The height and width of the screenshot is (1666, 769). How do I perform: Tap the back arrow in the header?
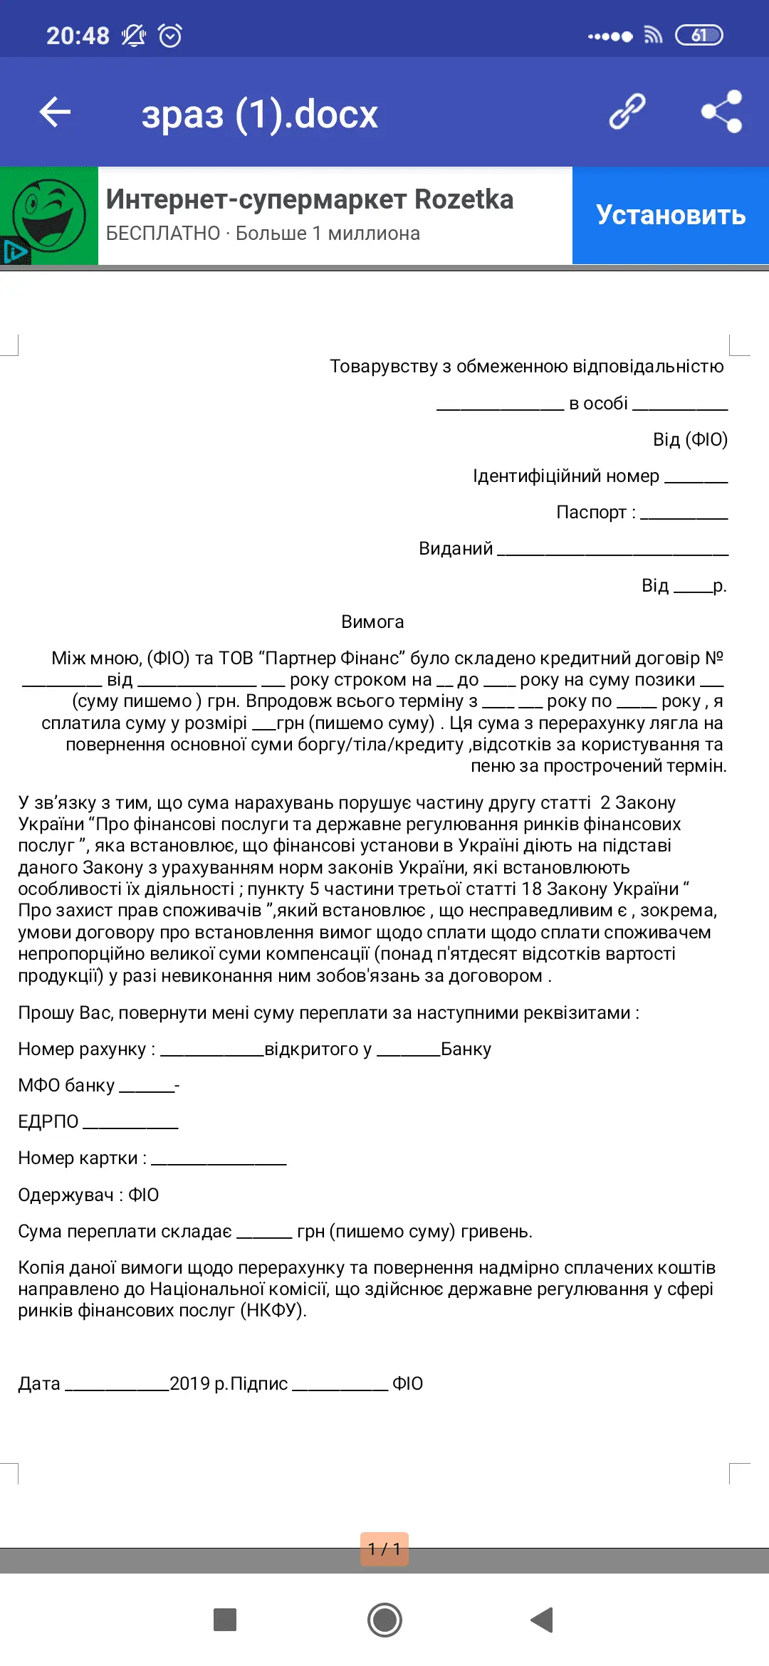coord(55,112)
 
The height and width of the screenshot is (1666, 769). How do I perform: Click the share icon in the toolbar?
coord(721,112)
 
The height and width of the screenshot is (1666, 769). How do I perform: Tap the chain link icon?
coord(627,112)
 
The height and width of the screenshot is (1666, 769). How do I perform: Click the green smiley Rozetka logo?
coord(49,215)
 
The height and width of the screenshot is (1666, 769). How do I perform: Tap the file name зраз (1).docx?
coord(259,114)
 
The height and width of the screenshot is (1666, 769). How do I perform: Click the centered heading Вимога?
coord(372,622)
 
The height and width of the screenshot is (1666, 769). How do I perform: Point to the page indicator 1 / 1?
coord(384,1549)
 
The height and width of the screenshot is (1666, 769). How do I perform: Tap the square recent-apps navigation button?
coord(225,1620)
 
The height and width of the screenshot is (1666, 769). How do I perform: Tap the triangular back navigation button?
coord(543,1620)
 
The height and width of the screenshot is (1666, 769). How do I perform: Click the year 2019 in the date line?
coord(189,1383)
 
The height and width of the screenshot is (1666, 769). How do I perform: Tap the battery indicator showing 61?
coord(699,35)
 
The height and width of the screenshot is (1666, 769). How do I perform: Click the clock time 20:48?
coord(78,36)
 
